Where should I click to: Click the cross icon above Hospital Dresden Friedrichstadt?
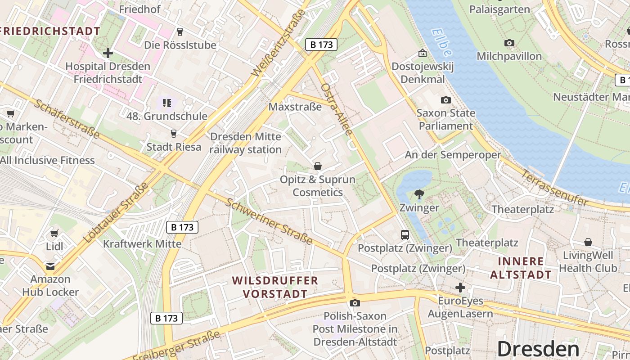click(108, 53)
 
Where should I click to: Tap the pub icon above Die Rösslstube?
click(180, 31)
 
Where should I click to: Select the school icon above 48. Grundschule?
click(167, 103)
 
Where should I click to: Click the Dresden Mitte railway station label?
click(246, 143)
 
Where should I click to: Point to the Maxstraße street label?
click(295, 107)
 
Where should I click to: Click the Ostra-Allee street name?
click(336, 109)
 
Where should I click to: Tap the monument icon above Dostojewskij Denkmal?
click(422, 53)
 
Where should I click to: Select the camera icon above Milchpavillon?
click(509, 43)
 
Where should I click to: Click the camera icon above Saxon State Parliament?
click(446, 100)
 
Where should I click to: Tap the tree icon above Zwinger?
click(419, 194)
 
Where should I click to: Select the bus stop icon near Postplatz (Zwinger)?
click(405, 234)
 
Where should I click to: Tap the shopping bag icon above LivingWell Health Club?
click(588, 242)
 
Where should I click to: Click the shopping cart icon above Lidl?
click(54, 233)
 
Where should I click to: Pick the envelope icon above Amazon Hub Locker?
click(50, 266)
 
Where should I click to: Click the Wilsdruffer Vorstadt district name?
click(275, 287)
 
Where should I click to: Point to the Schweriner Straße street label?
click(269, 221)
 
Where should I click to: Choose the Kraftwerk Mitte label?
click(142, 244)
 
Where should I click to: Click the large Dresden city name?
click(538, 349)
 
